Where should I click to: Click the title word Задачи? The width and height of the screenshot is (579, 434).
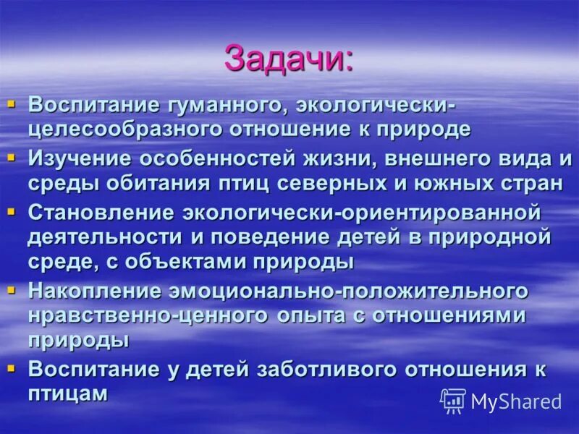[288, 59]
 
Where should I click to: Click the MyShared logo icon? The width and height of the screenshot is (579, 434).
[453, 401]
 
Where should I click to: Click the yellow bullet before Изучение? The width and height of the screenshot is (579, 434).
[11, 156]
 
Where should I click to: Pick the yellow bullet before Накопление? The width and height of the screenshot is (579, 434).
[11, 289]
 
